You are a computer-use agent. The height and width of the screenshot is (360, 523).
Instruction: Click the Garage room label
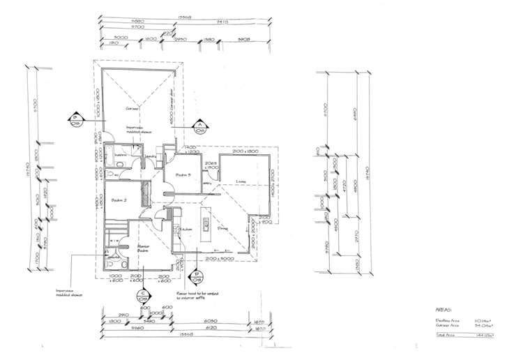130,109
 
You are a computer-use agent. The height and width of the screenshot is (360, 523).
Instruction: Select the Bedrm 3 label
183,174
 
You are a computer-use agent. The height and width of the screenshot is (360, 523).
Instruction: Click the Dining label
224,227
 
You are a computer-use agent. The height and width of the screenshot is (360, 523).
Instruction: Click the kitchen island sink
207,223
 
